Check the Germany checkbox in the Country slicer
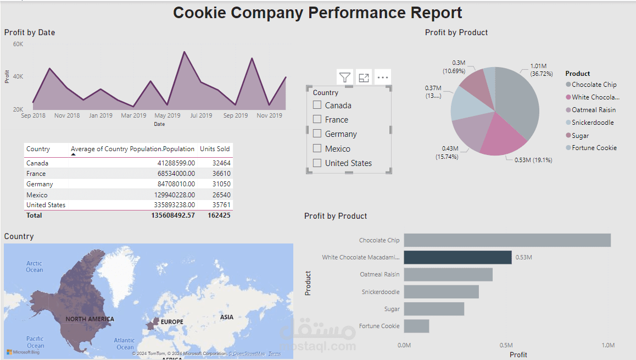coord(317,134)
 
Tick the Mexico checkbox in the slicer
coord(317,148)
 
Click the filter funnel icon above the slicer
coord(345,77)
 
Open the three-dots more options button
coord(383,77)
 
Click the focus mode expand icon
coord(364,77)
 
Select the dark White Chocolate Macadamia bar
coord(458,257)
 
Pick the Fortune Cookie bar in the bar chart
coord(416,326)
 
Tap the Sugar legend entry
coord(580,136)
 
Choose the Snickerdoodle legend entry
coord(593,123)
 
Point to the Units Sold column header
coord(215,149)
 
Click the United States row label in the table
coord(46,205)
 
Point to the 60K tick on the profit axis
coord(18,44)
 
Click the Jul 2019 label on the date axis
coord(201,116)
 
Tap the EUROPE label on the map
coord(172,322)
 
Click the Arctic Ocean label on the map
coord(34,267)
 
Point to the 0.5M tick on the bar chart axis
coord(506,345)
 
